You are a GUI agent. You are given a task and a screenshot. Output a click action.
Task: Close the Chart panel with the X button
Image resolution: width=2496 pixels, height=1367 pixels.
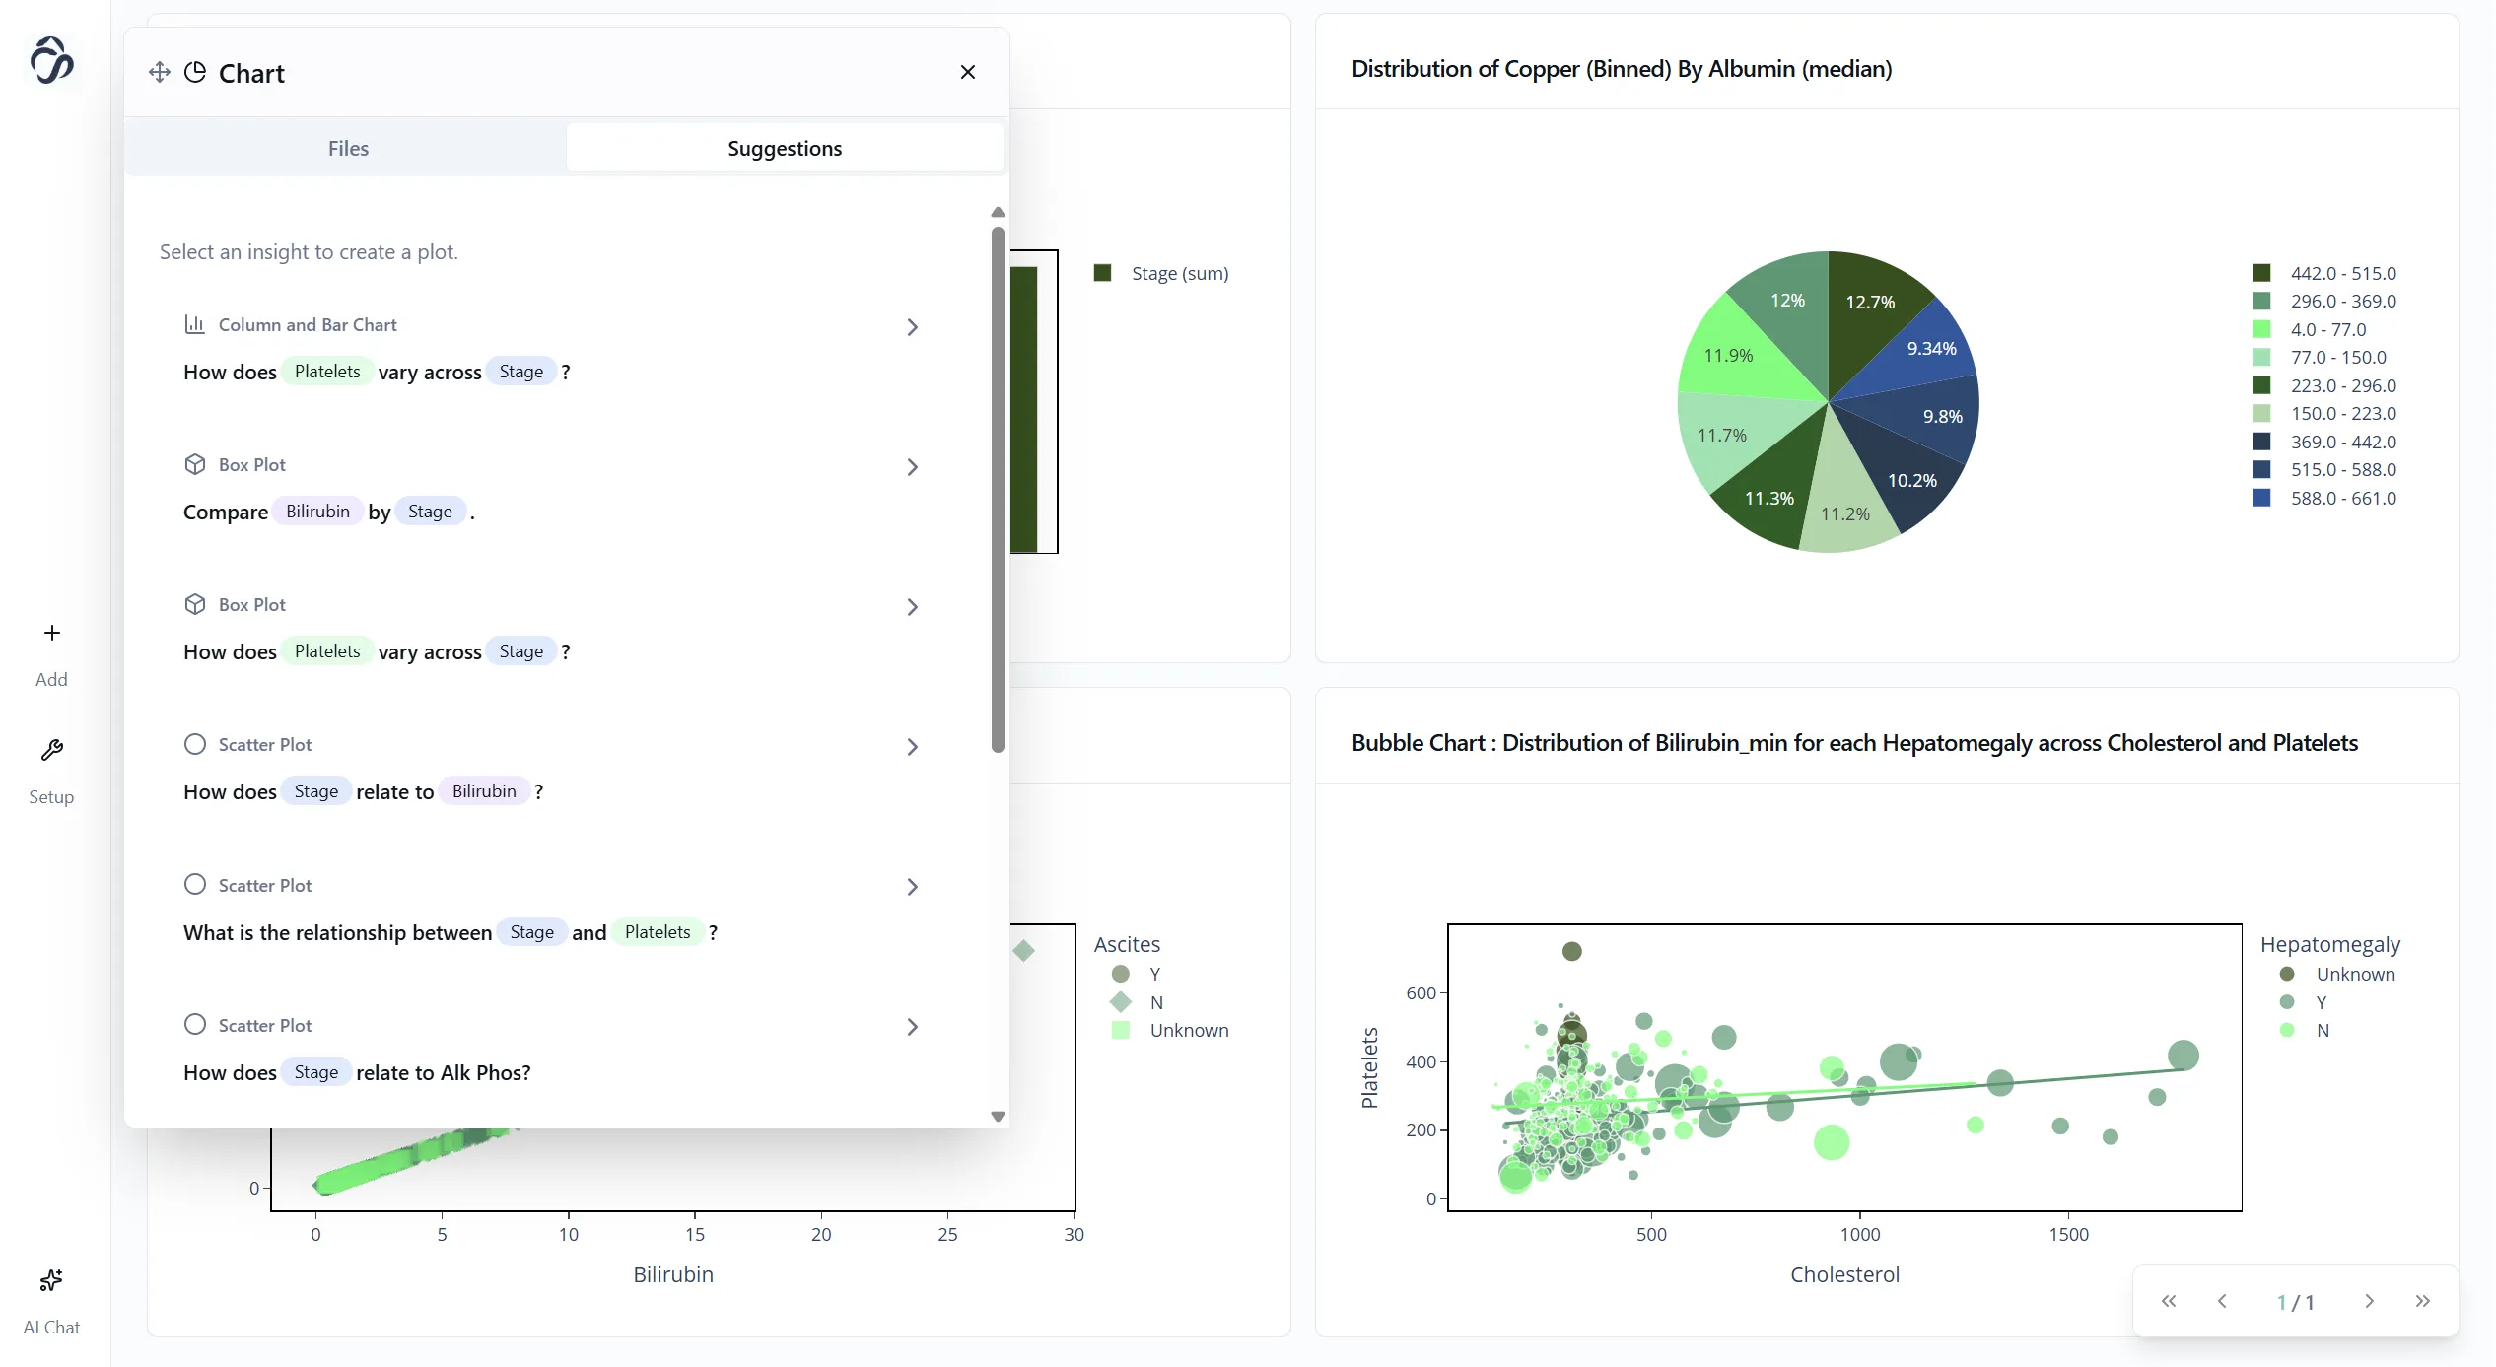pyautogui.click(x=967, y=72)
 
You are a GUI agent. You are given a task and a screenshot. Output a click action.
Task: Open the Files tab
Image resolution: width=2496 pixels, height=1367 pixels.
pyautogui.click(x=348, y=148)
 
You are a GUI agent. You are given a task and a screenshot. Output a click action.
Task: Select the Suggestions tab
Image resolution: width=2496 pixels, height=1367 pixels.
pyautogui.click(x=785, y=148)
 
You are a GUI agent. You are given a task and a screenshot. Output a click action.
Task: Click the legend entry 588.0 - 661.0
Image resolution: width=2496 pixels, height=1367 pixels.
pyautogui.click(x=2342, y=499)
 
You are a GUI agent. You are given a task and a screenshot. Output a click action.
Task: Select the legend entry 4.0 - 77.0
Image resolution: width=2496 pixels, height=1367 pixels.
pyautogui.click(x=2327, y=330)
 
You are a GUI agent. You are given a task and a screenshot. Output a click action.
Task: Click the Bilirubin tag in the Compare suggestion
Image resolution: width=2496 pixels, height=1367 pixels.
pyautogui.click(x=317, y=512)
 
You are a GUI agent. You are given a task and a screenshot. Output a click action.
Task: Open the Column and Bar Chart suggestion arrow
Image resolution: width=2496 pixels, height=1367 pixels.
pyautogui.click(x=912, y=327)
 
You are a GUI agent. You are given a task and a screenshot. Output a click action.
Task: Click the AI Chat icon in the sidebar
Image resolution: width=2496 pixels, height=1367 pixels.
pyautogui.click(x=51, y=1281)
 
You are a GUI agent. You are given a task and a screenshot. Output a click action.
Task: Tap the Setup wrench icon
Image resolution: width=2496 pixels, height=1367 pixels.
pyautogui.click(x=51, y=751)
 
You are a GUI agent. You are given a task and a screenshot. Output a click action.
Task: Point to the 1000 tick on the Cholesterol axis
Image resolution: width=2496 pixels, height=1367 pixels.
pyautogui.click(x=1859, y=1234)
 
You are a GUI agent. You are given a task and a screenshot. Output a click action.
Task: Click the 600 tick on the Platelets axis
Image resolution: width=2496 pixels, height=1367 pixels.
pyautogui.click(x=1421, y=993)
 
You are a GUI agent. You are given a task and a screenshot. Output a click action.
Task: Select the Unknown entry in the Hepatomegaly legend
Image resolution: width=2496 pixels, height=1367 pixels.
pyautogui.click(x=2354, y=975)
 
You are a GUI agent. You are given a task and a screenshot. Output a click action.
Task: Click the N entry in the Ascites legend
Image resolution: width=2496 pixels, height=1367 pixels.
pyautogui.click(x=1156, y=1002)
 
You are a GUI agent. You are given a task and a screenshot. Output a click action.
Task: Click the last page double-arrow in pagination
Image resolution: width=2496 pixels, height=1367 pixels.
pyautogui.click(x=2422, y=1302)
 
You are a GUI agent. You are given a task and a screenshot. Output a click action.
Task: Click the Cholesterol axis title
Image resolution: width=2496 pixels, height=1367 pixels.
pyautogui.click(x=1843, y=1275)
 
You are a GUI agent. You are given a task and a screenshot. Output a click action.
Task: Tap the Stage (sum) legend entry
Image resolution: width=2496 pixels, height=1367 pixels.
pyautogui.click(x=1179, y=274)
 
